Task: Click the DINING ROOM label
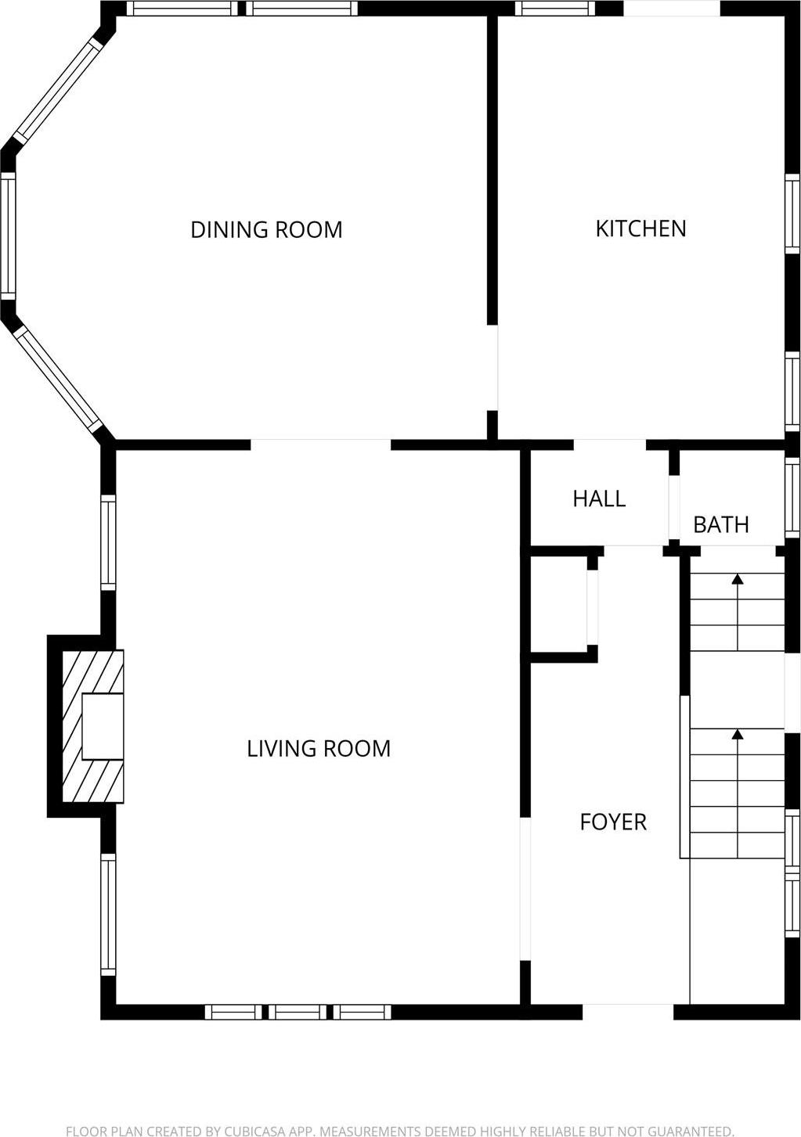tap(266, 230)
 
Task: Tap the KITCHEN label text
tap(640, 228)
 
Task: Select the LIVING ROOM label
tap(319, 749)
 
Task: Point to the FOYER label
tap(613, 822)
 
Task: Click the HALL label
tap(599, 499)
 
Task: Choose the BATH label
tap(721, 524)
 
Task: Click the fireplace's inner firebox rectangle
tap(103, 726)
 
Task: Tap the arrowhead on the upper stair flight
tap(737, 579)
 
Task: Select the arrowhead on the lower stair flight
tap(737, 734)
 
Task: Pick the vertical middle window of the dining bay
tap(8, 236)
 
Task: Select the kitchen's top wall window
tap(554, 9)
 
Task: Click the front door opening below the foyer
tap(628, 1012)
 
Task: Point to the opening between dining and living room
tap(320, 444)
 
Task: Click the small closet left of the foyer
tap(559, 604)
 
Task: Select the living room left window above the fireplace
tap(108, 542)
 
